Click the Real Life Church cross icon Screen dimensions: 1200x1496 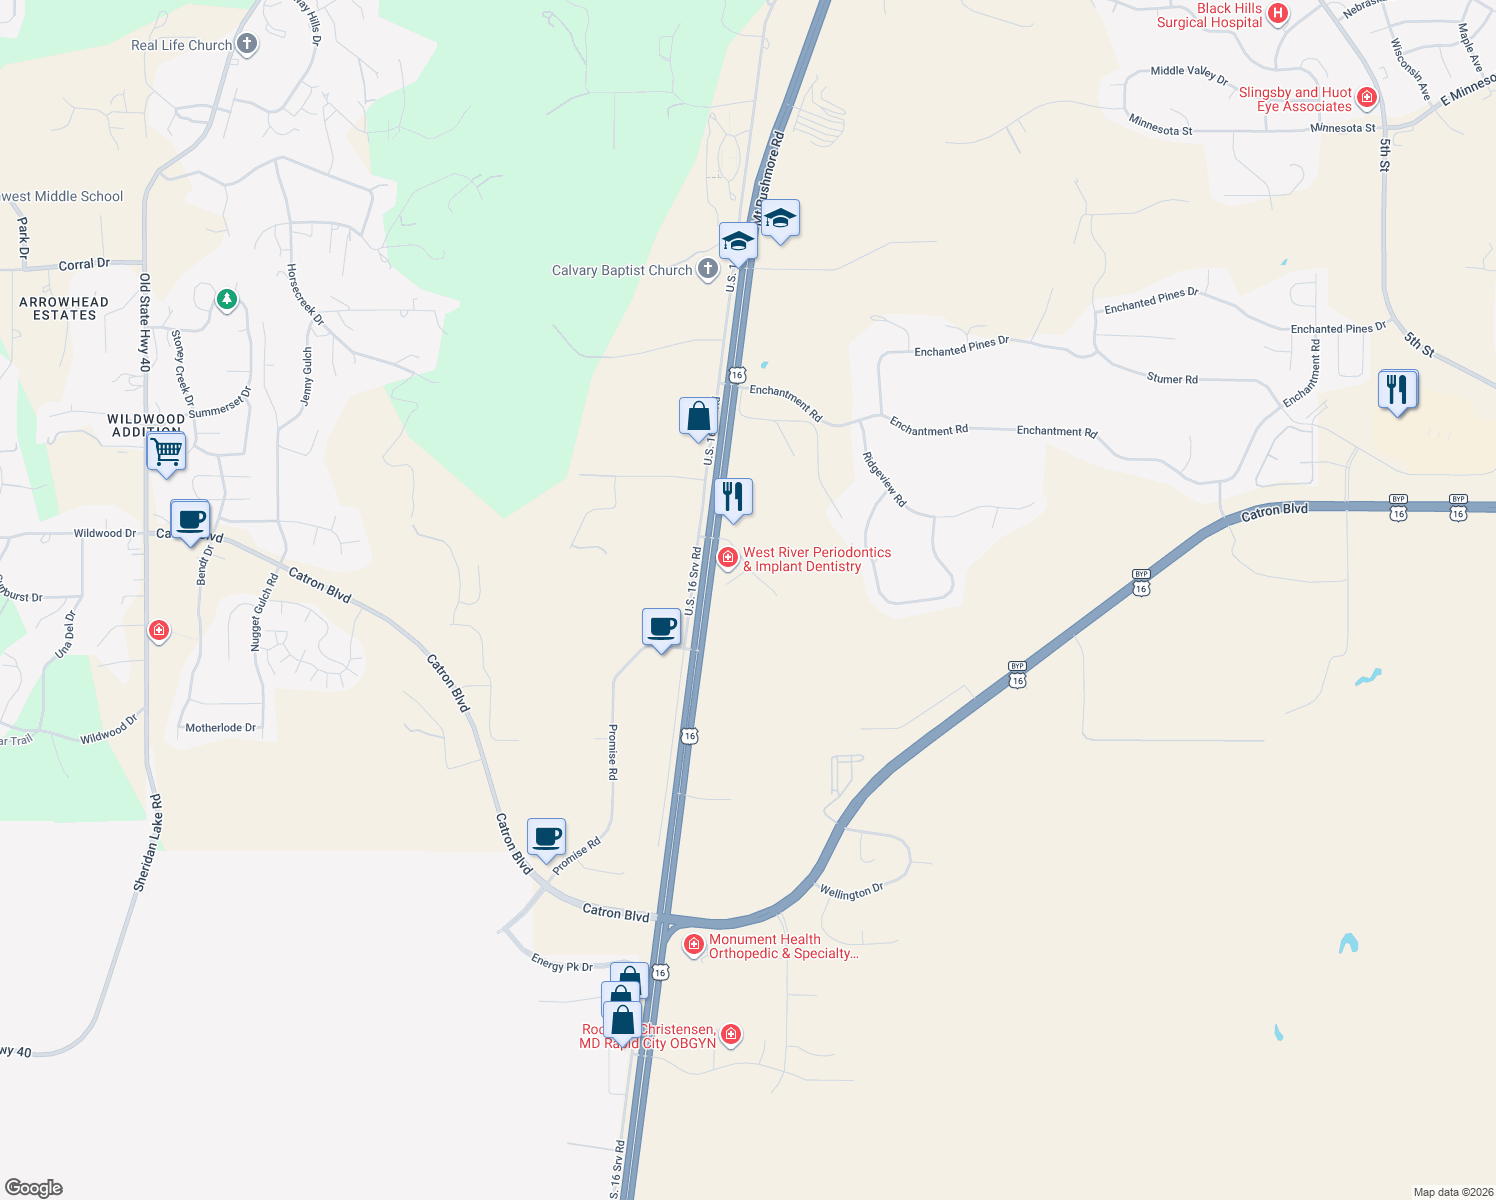[x=247, y=44]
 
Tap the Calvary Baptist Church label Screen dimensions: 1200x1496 [x=622, y=270]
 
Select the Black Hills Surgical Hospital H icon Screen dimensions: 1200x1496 [x=1277, y=14]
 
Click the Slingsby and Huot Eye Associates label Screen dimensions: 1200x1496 [x=1296, y=99]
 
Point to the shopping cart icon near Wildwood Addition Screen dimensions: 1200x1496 [x=166, y=451]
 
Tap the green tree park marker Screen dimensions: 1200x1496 [x=227, y=299]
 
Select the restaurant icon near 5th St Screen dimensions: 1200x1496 [x=1397, y=389]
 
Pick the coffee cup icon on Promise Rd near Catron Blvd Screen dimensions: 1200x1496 [x=546, y=837]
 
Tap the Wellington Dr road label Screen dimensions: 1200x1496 [x=851, y=891]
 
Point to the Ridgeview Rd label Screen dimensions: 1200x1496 [x=884, y=479]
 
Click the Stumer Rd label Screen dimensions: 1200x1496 [x=1172, y=379]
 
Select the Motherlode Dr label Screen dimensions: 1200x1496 [x=220, y=728]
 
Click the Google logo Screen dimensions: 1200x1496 [x=34, y=1188]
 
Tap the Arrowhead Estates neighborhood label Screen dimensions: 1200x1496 [x=64, y=308]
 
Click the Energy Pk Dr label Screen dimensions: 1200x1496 [x=562, y=963]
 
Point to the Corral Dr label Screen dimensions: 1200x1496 [x=84, y=265]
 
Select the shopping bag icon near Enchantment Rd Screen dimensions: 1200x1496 [x=698, y=416]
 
